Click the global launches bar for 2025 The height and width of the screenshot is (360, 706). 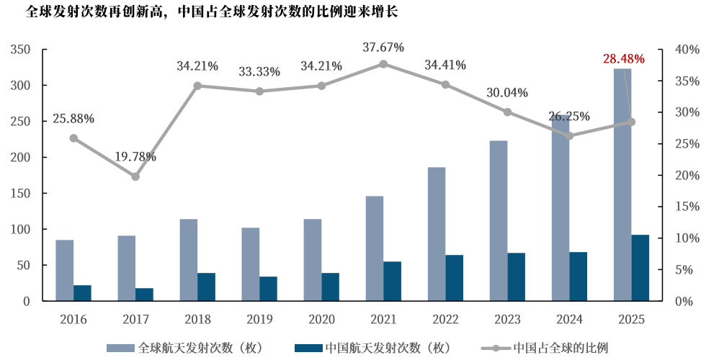[x=622, y=184]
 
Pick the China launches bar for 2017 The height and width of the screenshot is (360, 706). [x=144, y=294]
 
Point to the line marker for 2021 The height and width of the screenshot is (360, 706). [x=383, y=64]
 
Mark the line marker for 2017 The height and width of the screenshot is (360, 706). [x=135, y=176]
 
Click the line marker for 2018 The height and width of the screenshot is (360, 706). [x=197, y=86]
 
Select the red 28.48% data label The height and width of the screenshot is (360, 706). [x=623, y=58]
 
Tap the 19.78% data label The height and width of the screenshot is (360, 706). [x=135, y=157]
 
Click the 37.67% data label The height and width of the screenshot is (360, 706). [x=383, y=48]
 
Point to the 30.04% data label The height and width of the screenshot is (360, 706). [x=507, y=93]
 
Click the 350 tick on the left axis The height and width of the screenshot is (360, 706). [x=21, y=50]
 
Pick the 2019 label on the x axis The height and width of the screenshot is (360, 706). [x=259, y=319]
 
